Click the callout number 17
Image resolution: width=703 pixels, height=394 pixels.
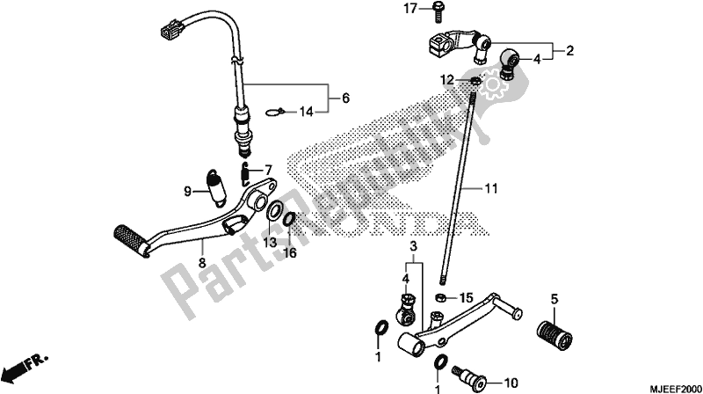[410, 9]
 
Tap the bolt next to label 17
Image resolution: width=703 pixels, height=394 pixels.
[438, 11]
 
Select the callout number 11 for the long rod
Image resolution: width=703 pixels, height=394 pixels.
[491, 188]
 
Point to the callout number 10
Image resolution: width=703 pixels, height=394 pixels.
[511, 383]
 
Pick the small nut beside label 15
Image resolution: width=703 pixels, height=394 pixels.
[441, 296]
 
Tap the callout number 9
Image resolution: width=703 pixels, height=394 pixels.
[187, 192]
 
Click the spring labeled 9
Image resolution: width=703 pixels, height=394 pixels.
[215, 188]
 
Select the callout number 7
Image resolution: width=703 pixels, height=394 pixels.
[268, 171]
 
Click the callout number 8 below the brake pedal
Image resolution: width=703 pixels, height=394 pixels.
[202, 263]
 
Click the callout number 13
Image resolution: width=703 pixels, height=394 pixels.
[270, 243]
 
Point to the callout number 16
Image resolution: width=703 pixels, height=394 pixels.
[290, 253]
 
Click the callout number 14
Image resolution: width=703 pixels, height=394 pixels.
[307, 112]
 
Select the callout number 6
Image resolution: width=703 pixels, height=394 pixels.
[345, 98]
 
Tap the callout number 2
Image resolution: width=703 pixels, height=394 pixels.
[569, 51]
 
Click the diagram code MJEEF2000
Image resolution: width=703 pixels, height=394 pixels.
[674, 389]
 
